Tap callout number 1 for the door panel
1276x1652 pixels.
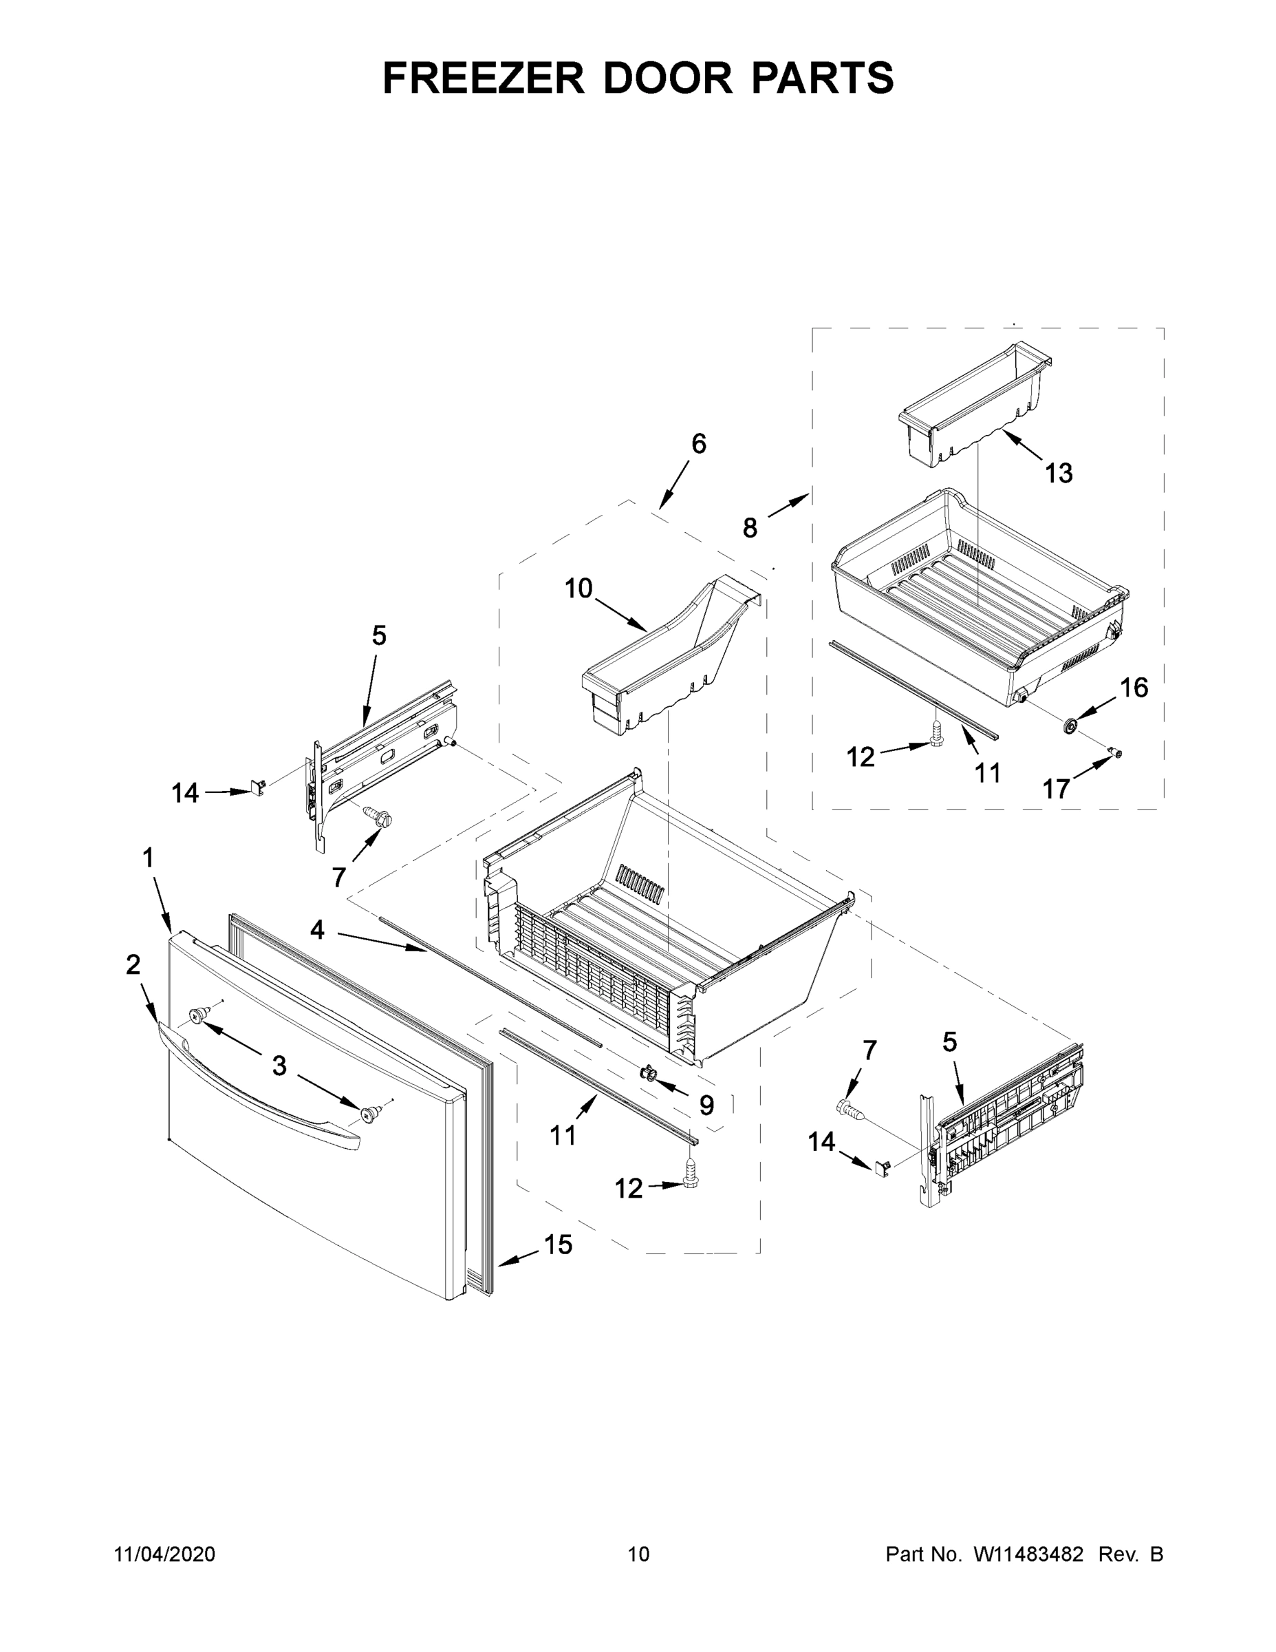point(148,858)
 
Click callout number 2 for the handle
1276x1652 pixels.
point(133,964)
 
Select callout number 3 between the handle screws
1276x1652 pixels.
point(280,1066)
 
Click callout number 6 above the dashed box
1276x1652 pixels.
point(698,444)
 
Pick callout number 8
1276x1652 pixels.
point(749,528)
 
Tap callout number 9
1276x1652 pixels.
point(706,1105)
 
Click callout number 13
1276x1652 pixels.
point(1059,474)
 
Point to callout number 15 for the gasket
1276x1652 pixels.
point(559,1245)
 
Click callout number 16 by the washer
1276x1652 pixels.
point(1134,688)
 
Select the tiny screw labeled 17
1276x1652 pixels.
point(1116,752)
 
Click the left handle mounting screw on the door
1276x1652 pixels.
point(198,1015)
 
